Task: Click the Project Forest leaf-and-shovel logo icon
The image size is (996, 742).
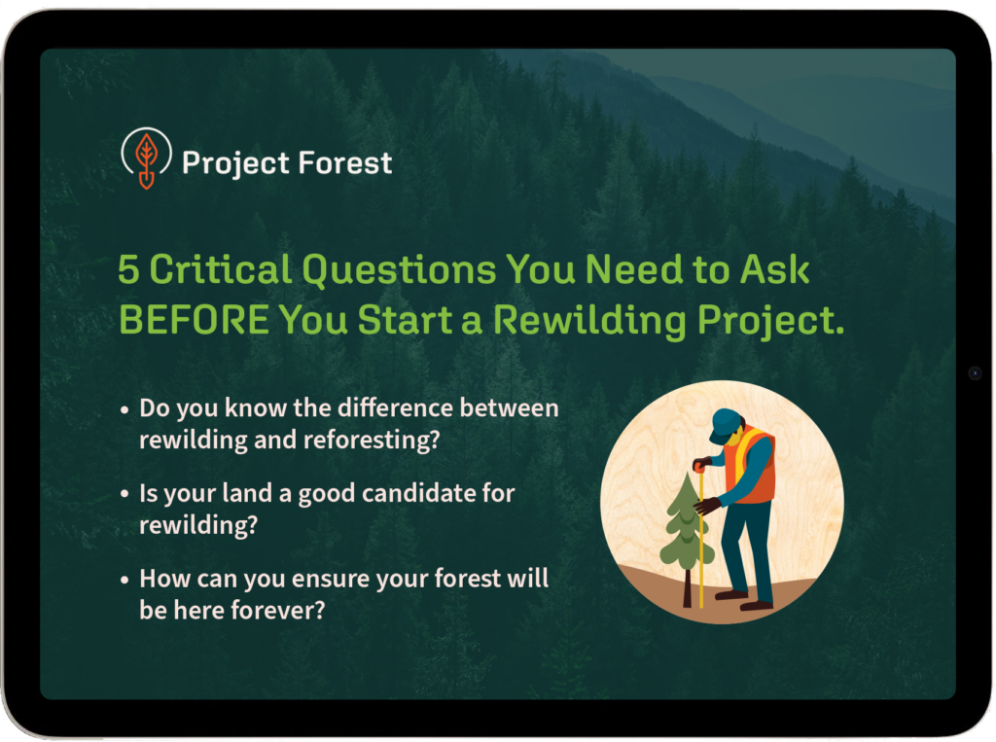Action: pyautogui.click(x=146, y=159)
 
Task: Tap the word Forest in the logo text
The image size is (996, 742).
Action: pyautogui.click(x=345, y=163)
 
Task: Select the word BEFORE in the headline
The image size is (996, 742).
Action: pyautogui.click(x=194, y=320)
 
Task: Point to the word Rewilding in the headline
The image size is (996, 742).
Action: pyautogui.click(x=589, y=320)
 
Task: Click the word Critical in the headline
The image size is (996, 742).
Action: pyautogui.click(x=221, y=269)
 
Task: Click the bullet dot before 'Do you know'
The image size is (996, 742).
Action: pyautogui.click(x=124, y=409)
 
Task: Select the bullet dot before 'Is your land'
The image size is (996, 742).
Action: pyautogui.click(x=124, y=494)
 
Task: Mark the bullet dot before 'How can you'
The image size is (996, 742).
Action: pyautogui.click(x=124, y=580)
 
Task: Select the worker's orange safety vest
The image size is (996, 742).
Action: pyautogui.click(x=753, y=465)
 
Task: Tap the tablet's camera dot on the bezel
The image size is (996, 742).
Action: pyautogui.click(x=975, y=372)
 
